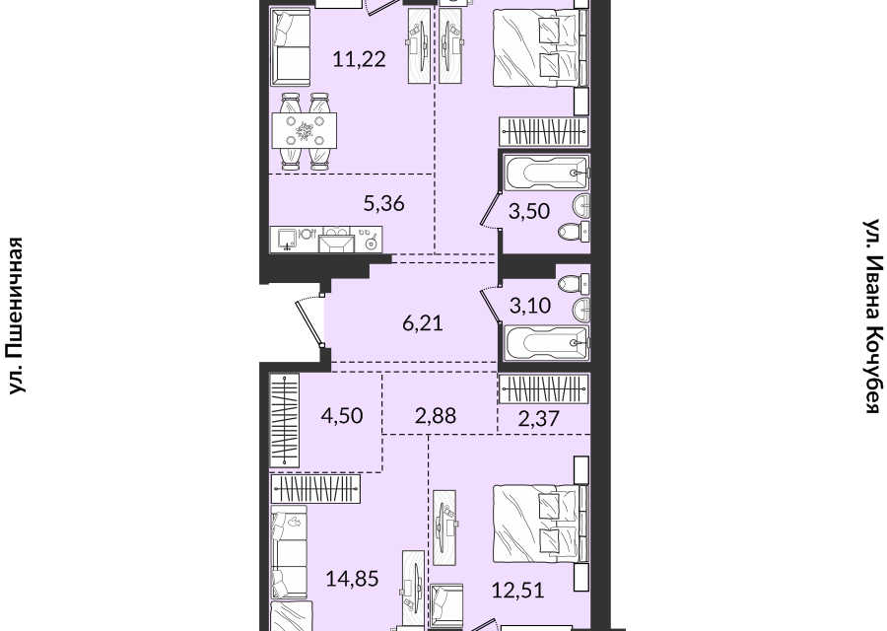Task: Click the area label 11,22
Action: [359, 58]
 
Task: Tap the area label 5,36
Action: [384, 203]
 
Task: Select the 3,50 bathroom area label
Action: [529, 211]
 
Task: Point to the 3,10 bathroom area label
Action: [530, 306]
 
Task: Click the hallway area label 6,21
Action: [423, 323]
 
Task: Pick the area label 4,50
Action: [342, 416]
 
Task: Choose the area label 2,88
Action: [436, 416]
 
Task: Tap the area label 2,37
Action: [538, 419]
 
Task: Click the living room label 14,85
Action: [353, 579]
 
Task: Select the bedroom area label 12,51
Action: [517, 591]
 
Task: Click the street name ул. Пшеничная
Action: [17, 315]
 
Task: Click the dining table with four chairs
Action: [305, 131]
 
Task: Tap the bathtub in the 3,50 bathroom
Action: [547, 174]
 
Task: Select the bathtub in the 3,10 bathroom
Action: [547, 343]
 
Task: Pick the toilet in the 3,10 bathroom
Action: [574, 283]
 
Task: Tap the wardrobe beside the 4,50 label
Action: [285, 420]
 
